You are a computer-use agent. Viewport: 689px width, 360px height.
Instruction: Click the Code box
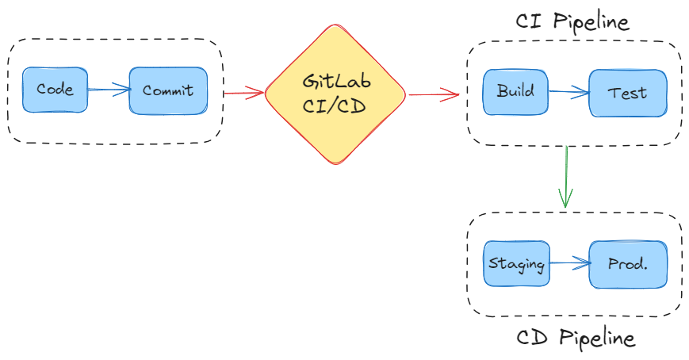[x=54, y=90]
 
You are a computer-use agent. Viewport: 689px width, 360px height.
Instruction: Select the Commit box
[x=168, y=90]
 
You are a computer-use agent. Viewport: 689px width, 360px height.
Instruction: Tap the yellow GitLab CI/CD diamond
[x=335, y=94]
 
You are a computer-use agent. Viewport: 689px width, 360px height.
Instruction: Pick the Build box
[x=515, y=91]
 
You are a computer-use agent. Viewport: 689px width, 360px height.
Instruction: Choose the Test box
[x=627, y=93]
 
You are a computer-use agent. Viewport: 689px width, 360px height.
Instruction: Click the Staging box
[x=516, y=263]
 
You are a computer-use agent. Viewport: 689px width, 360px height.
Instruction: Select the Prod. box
[x=627, y=264]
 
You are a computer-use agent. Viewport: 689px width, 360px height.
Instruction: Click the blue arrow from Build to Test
[x=568, y=92]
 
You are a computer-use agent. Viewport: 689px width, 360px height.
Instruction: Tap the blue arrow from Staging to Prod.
[x=568, y=263]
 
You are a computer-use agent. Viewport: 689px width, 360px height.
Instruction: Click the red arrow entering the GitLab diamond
[x=243, y=94]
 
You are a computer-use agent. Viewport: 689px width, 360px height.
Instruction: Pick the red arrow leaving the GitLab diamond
[x=434, y=95]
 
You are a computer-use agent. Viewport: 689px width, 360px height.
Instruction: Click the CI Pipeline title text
[x=572, y=21]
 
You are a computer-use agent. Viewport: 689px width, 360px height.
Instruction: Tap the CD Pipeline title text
[x=576, y=339]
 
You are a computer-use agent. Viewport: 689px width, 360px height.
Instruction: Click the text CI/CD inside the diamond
[x=335, y=106]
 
